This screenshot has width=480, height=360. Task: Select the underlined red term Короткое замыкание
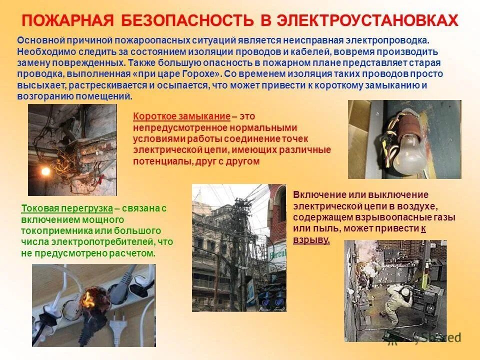tap(181, 116)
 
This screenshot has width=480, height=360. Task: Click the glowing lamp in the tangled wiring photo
tap(46, 171)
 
